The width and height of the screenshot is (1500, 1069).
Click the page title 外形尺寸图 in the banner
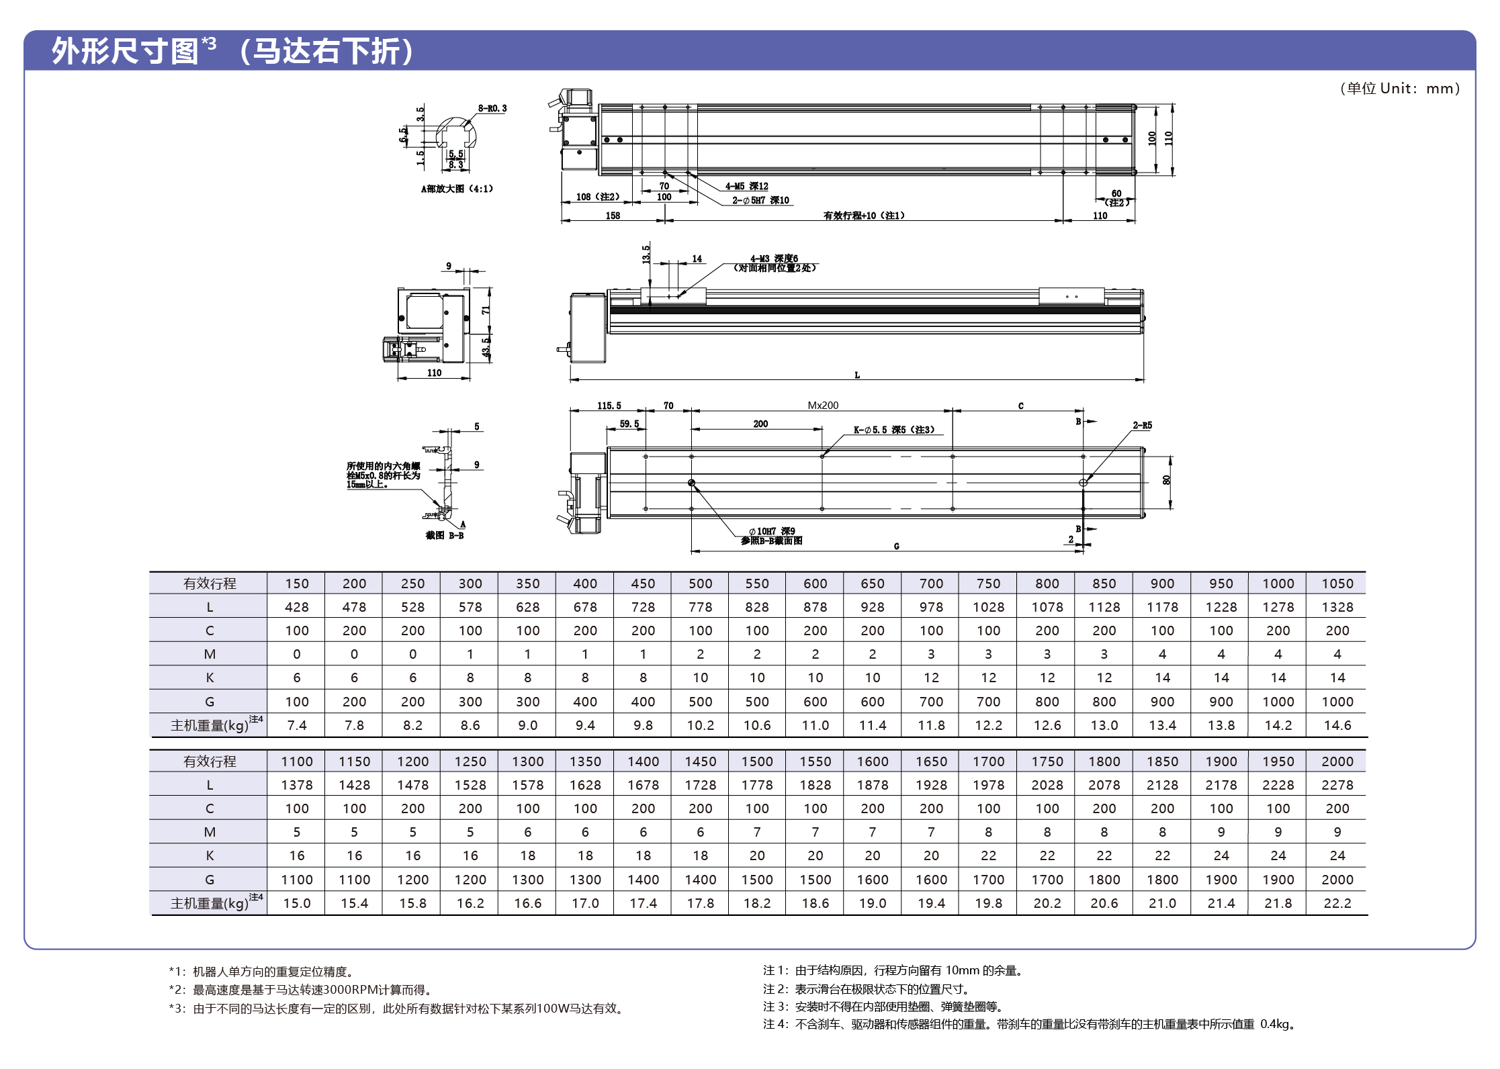pos(125,51)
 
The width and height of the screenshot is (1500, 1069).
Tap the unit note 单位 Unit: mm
pos(1399,89)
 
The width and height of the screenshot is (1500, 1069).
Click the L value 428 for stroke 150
pos(296,607)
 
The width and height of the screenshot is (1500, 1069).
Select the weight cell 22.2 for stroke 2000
pos(1337,903)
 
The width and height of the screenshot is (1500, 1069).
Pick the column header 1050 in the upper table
pos(1337,584)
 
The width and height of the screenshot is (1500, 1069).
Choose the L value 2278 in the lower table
pos(1337,785)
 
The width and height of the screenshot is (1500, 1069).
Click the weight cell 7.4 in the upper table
pos(296,725)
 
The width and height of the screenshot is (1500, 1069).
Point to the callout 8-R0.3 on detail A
pos(492,108)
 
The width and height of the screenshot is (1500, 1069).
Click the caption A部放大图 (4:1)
pos(457,189)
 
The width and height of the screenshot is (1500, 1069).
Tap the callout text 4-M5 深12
pos(746,186)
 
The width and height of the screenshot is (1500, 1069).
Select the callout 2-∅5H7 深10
pos(760,200)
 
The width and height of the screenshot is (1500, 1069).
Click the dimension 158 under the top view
pos(613,216)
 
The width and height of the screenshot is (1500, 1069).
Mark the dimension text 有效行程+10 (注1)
pos(864,216)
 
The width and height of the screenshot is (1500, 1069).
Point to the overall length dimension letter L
pos(857,375)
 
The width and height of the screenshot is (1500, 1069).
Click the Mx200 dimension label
pos(823,406)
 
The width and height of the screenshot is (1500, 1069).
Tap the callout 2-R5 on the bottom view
pos(1142,425)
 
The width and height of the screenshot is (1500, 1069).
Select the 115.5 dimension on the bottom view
pos(609,406)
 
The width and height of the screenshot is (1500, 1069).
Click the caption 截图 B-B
pos(445,535)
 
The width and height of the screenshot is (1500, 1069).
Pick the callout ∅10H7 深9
pos(772,531)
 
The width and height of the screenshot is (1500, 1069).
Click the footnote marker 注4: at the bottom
pos(775,1024)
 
